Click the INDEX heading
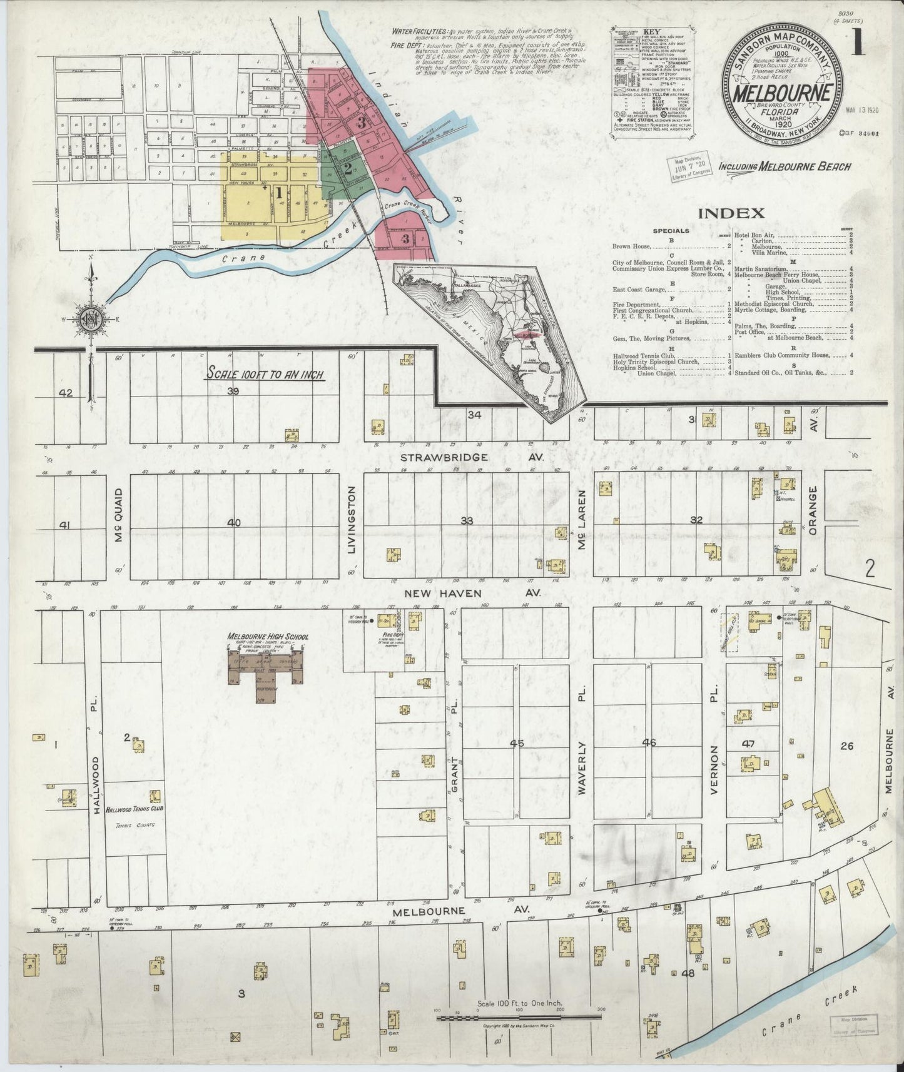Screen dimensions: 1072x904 pyautogui.click(x=731, y=213)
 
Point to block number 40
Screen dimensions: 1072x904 pyautogui.click(x=234, y=523)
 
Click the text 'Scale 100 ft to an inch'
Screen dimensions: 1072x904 pyautogui.click(x=265, y=375)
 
